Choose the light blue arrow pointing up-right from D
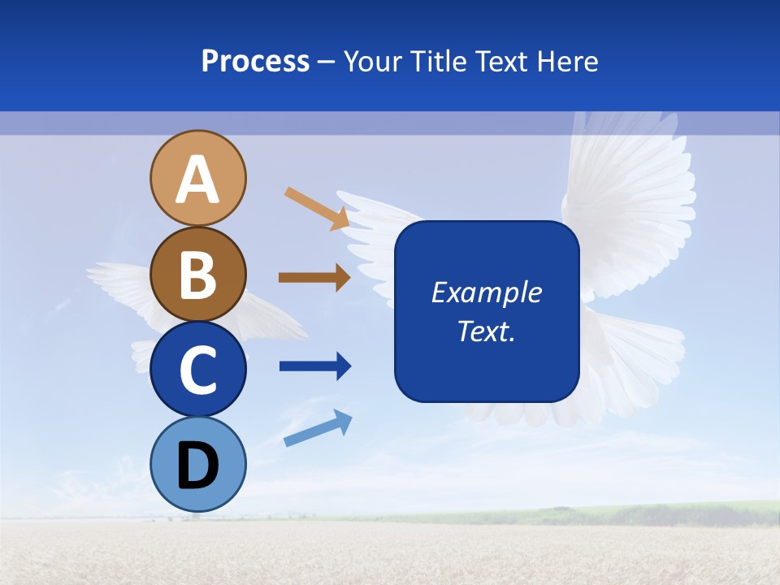tap(318, 427)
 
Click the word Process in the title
tap(255, 62)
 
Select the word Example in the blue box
tap(486, 292)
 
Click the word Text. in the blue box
tap(486, 331)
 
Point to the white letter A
tap(198, 180)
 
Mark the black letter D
tap(198, 466)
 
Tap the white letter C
tap(198, 370)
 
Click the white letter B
tap(198, 275)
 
